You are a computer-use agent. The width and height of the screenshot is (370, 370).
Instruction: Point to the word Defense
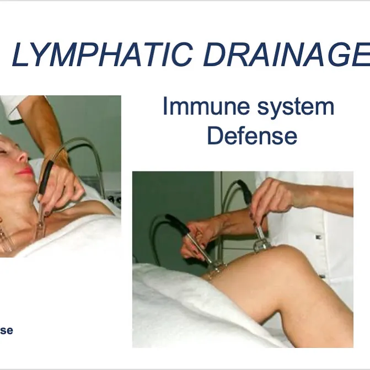pyautogui.click(x=252, y=136)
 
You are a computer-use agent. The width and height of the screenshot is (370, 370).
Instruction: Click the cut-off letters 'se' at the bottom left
pyautogui.click(x=6, y=330)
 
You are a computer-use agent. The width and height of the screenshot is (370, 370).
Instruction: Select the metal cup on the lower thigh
pyautogui.click(x=216, y=267)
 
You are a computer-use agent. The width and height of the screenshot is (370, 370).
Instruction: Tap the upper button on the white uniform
pyautogui.click(x=318, y=237)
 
